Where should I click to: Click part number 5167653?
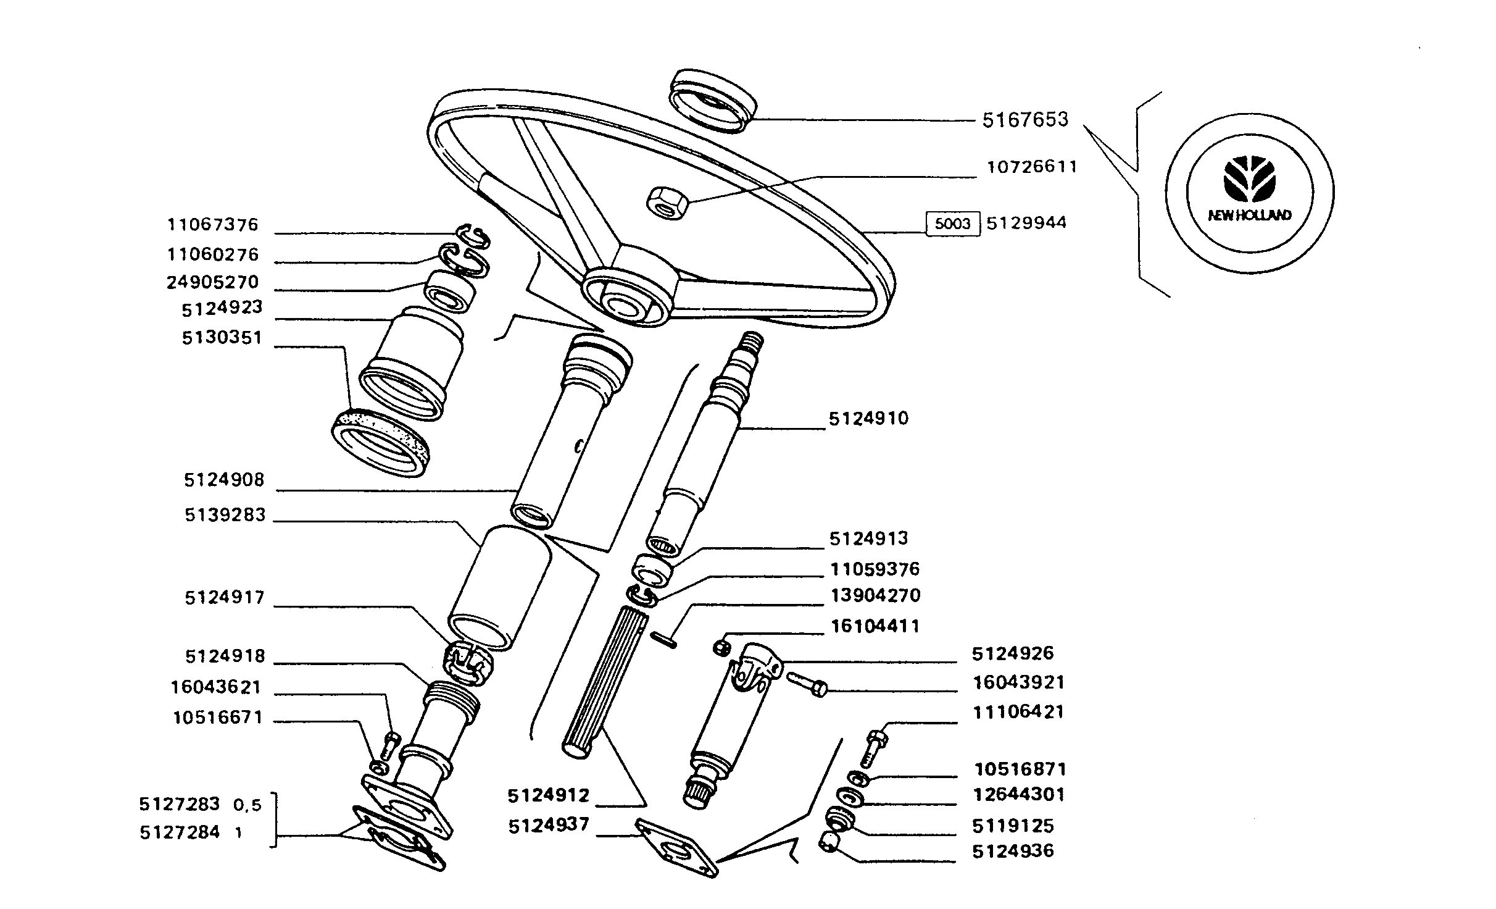pyautogui.click(x=1024, y=119)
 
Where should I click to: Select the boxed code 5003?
pyautogui.click(x=952, y=224)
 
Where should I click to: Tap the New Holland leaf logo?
pyautogui.click(x=1249, y=178)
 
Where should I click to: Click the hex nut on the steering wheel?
pyautogui.click(x=667, y=203)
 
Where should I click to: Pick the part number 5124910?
pyautogui.click(x=868, y=419)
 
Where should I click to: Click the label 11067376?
pyautogui.click(x=212, y=224)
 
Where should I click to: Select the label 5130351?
pyautogui.click(x=222, y=338)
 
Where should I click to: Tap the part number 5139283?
pyautogui.click(x=225, y=514)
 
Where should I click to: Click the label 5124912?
pyautogui.click(x=549, y=795)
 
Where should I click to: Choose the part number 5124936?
pyautogui.click(x=1013, y=851)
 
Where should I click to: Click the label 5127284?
pyautogui.click(x=180, y=832)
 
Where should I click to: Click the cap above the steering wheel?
pyautogui.click(x=712, y=101)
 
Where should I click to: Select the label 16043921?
pyautogui.click(x=1018, y=682)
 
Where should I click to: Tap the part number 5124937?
pyautogui.click(x=549, y=826)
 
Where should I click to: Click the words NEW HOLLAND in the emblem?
pyautogui.click(x=1249, y=216)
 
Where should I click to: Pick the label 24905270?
pyautogui.click(x=212, y=282)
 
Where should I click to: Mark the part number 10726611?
pyautogui.click(x=1032, y=167)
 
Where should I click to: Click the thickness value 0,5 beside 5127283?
pyautogui.click(x=247, y=805)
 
